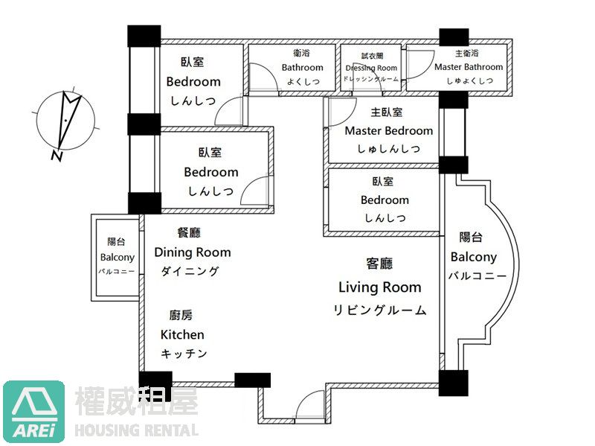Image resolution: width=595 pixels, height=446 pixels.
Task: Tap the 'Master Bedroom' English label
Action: [388, 131]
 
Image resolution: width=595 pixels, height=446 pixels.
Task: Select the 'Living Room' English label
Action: [379, 287]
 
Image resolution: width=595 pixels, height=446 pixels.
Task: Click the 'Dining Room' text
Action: [193, 252]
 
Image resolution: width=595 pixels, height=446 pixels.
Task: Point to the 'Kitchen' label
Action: [182, 335]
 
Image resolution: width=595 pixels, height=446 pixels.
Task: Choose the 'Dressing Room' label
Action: [371, 68]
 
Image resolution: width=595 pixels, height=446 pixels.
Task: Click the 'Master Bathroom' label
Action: [469, 67]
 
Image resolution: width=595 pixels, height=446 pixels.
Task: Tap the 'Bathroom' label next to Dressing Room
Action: [302, 68]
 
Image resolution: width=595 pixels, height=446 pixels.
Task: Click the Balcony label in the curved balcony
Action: [473, 257]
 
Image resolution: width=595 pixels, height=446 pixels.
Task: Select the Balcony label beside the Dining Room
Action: [118, 258]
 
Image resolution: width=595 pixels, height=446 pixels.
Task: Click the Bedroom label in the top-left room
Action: [193, 82]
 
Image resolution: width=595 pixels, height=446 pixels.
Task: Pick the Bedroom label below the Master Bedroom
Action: [385, 200]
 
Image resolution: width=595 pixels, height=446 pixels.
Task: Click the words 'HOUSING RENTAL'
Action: [138, 430]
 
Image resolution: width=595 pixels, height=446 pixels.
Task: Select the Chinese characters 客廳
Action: [379, 264]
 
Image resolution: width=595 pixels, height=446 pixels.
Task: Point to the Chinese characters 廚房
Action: [181, 316]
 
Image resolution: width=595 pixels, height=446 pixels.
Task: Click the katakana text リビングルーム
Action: [379, 310]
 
